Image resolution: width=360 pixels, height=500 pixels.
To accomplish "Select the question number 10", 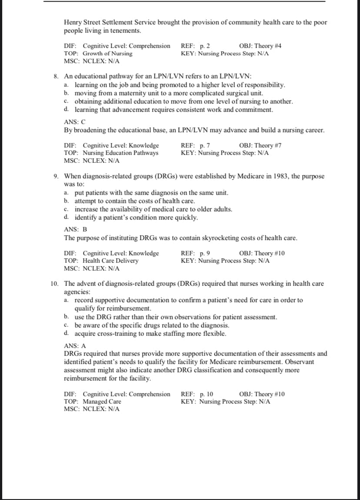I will click(55, 284).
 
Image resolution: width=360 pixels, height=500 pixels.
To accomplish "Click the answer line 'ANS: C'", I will click(74, 123).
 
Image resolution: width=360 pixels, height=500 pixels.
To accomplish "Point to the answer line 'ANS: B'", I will click(75, 230).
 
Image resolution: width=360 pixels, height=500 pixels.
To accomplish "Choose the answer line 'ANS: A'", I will click(75, 346).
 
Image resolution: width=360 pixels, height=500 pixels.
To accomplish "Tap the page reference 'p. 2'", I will click(205, 46).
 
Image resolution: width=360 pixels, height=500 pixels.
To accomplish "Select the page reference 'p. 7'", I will click(205, 145).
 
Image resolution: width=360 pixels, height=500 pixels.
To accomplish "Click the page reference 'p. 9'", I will click(205, 253).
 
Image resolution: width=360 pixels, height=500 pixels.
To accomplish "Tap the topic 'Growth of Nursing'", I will click(107, 53).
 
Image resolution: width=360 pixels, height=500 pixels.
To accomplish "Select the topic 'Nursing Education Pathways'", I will click(120, 153).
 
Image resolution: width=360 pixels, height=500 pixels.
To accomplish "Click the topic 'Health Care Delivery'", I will click(110, 261).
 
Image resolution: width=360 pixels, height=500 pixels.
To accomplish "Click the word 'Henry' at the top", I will click(73, 22).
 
